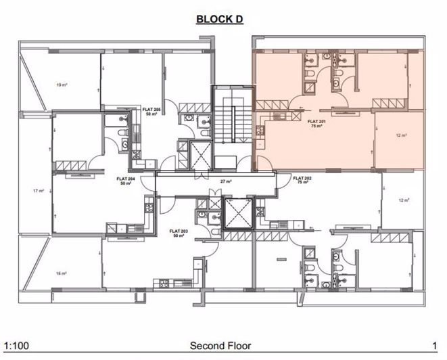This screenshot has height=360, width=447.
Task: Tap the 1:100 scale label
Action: pos(16,346)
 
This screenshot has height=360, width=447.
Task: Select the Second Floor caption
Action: pos(220,346)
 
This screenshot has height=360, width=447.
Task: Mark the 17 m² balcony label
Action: pos(38,190)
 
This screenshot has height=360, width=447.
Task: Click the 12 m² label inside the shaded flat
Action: pos(400,135)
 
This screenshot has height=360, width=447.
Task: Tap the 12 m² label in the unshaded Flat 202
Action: pos(404,200)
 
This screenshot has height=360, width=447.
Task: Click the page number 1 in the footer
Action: pos(433,346)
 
